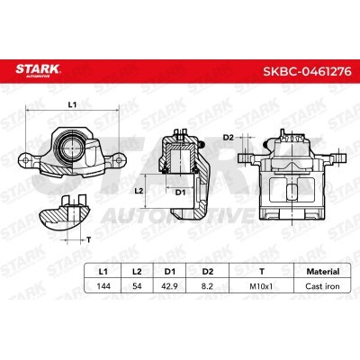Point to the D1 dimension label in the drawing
point(180,192)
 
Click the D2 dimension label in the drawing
point(229,136)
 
